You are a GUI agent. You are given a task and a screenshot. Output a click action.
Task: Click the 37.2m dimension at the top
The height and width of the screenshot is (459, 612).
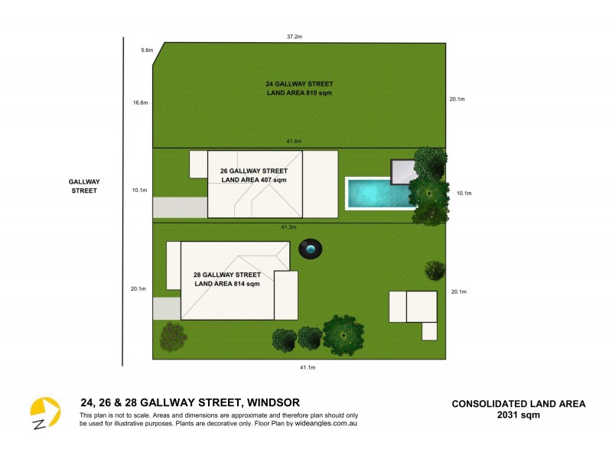(295, 36)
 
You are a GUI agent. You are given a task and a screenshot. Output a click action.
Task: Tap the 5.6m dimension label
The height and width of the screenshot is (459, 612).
(147, 50)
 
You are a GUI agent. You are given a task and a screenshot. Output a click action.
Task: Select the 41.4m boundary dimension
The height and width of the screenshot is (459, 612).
(295, 142)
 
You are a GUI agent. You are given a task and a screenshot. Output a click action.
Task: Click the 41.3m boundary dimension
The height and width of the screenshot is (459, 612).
(289, 227)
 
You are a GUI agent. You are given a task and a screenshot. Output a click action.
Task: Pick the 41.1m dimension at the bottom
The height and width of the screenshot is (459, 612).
(307, 368)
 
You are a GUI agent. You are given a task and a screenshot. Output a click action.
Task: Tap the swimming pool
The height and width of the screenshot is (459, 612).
(379, 193)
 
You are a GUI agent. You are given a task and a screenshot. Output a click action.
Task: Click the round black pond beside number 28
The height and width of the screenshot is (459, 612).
(311, 249)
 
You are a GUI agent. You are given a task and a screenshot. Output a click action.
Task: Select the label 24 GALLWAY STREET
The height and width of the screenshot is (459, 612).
(299, 84)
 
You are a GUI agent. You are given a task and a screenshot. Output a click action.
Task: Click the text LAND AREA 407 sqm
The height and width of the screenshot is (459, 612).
(253, 180)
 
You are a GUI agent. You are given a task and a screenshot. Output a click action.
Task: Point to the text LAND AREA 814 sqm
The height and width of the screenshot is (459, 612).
(227, 284)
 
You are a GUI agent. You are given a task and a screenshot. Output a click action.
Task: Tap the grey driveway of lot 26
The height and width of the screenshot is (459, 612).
(180, 207)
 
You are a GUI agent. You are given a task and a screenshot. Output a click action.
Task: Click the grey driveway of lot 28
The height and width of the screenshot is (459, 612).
(166, 308)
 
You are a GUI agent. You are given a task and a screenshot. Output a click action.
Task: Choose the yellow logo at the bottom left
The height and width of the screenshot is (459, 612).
(44, 413)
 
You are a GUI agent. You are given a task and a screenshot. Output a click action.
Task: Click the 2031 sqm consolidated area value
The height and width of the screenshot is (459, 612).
(519, 415)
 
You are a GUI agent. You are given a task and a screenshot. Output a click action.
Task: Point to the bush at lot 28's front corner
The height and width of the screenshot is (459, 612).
(173, 336)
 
